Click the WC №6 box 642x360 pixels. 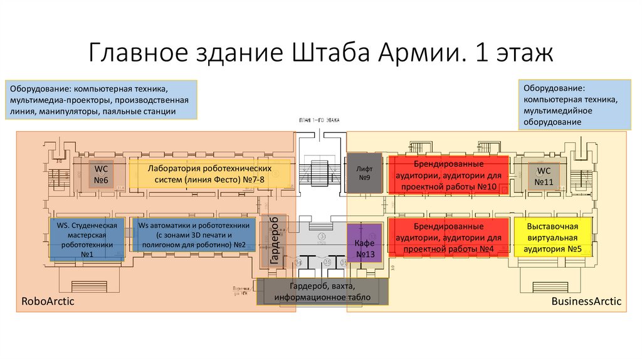[101, 175]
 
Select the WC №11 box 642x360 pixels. [544, 176]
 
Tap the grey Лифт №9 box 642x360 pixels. [364, 173]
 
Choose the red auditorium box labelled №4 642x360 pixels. [448, 238]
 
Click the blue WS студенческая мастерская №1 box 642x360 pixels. [87, 239]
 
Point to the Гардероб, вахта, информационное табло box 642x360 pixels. [323, 292]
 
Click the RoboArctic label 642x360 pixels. [48, 302]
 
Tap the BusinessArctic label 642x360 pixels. [586, 302]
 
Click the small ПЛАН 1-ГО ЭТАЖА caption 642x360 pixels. [319, 119]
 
